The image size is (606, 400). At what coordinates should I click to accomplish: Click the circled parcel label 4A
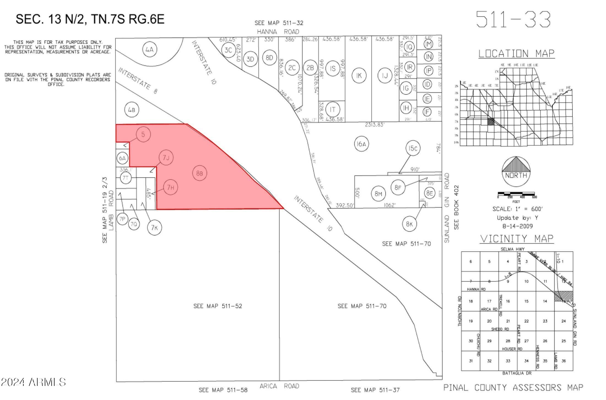click(150, 50)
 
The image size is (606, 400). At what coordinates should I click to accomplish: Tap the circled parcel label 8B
click(200, 173)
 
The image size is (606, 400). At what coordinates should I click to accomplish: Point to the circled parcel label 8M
click(378, 194)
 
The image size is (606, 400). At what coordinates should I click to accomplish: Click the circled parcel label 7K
click(155, 228)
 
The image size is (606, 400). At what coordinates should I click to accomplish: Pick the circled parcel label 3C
click(229, 50)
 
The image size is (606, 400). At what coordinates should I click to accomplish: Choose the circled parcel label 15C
click(413, 148)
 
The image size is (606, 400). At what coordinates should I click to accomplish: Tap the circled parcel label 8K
click(409, 224)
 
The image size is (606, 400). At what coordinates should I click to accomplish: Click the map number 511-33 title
click(513, 19)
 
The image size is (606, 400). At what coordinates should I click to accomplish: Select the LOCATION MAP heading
click(516, 54)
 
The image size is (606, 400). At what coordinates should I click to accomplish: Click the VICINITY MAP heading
click(516, 239)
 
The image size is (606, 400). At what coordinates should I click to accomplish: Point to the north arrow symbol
click(516, 168)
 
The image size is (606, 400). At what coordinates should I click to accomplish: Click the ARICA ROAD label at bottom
click(279, 386)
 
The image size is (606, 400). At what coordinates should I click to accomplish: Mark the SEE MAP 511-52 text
click(218, 306)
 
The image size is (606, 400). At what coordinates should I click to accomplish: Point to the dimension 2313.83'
click(375, 125)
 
